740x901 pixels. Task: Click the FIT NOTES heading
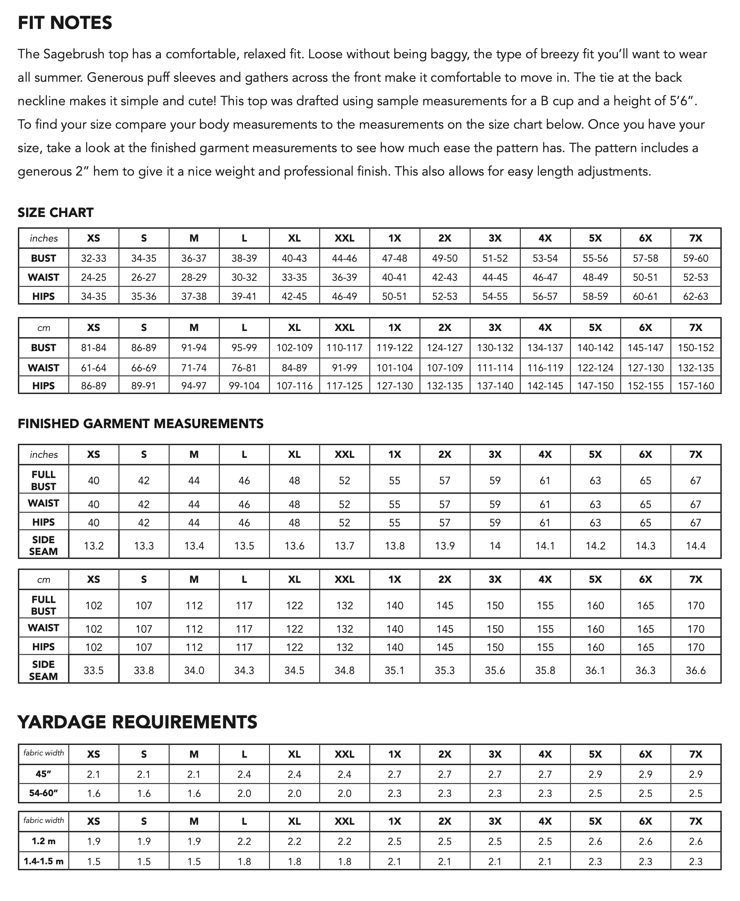click(x=65, y=23)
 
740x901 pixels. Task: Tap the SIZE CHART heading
click(x=55, y=212)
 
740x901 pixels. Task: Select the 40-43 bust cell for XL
click(x=294, y=258)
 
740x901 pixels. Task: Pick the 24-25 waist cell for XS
click(x=94, y=277)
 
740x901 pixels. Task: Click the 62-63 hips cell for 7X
click(x=695, y=296)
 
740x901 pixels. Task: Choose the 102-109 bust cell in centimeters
click(x=294, y=347)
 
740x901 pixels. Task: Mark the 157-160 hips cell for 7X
click(x=695, y=386)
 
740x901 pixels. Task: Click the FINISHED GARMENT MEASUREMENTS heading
click(x=141, y=423)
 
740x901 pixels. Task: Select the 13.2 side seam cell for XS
click(x=94, y=545)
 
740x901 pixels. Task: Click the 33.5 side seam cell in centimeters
click(x=94, y=670)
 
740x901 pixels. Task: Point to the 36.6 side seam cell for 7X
click(x=695, y=670)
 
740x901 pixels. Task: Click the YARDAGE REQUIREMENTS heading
click(x=137, y=722)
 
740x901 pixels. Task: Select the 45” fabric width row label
click(x=44, y=774)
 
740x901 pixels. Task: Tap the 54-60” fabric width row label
click(x=44, y=793)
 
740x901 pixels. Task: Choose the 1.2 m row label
click(x=44, y=841)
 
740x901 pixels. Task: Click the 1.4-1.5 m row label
click(x=44, y=861)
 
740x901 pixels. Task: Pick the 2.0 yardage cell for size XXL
click(x=344, y=793)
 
